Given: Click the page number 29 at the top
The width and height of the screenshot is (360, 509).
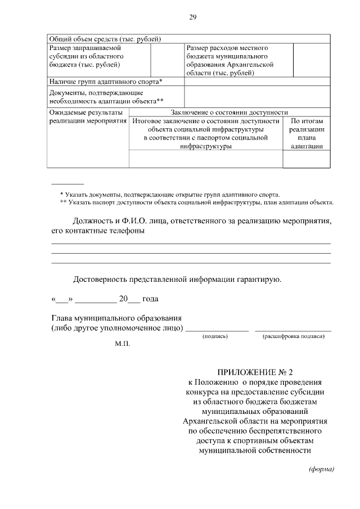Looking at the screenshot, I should coord(192,17).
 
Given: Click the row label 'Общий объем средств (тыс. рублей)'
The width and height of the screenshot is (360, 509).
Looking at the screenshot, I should coord(105,39).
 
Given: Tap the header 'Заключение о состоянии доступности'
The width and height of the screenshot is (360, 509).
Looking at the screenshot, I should coord(229,112).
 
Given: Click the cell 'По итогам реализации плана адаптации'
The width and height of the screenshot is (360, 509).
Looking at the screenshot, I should coord(307,133).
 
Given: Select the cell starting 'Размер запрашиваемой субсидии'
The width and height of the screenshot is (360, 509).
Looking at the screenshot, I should coord(87,56).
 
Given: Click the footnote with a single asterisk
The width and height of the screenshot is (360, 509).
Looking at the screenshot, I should coord(169,193).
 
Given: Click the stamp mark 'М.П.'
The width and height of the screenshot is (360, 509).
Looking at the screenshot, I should coord(122,344).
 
